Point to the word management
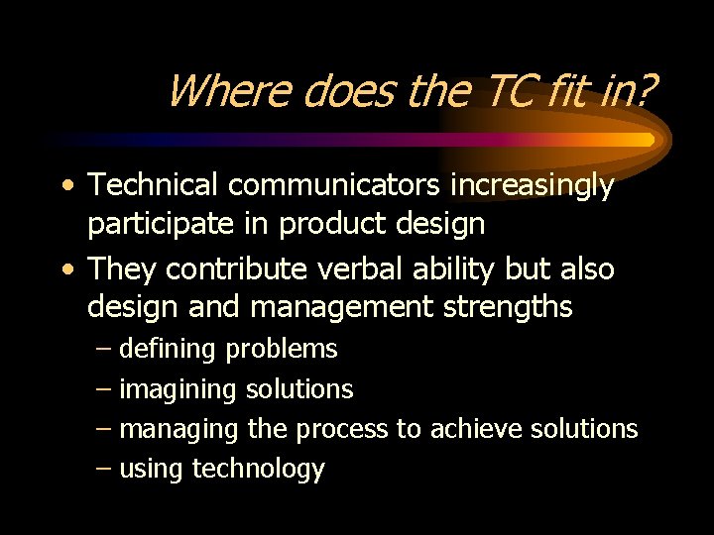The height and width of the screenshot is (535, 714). [x=341, y=308]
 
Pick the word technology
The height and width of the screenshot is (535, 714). [x=258, y=469]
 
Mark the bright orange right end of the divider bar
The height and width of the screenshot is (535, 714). [x=645, y=140]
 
